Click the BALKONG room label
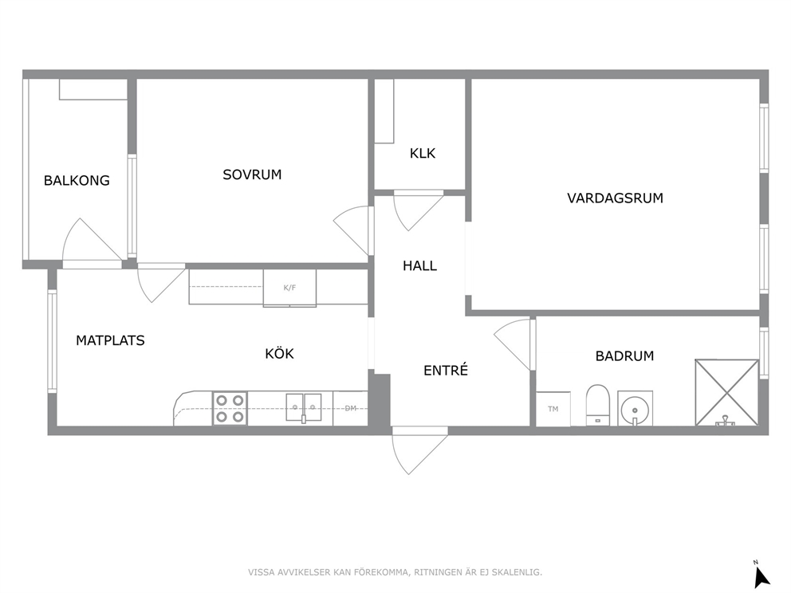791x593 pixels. [x=77, y=180]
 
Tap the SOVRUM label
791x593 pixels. [x=252, y=175]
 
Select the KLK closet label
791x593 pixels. [x=423, y=153]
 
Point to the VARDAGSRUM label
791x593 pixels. [x=615, y=198]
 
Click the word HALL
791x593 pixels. [x=419, y=265]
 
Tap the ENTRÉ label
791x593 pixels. [x=446, y=370]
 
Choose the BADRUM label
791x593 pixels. [x=624, y=356]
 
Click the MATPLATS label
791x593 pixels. [x=110, y=340]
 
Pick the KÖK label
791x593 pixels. [x=279, y=353]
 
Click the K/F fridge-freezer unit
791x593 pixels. [x=289, y=288]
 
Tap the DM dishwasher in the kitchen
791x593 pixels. [x=350, y=408]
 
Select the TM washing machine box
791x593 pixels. [x=553, y=409]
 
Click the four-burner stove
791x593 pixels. [x=230, y=408]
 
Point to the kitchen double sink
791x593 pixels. [x=304, y=407]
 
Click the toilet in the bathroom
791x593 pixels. [x=598, y=406]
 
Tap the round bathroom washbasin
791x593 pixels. [x=636, y=408]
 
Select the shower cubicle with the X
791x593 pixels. [x=727, y=392]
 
